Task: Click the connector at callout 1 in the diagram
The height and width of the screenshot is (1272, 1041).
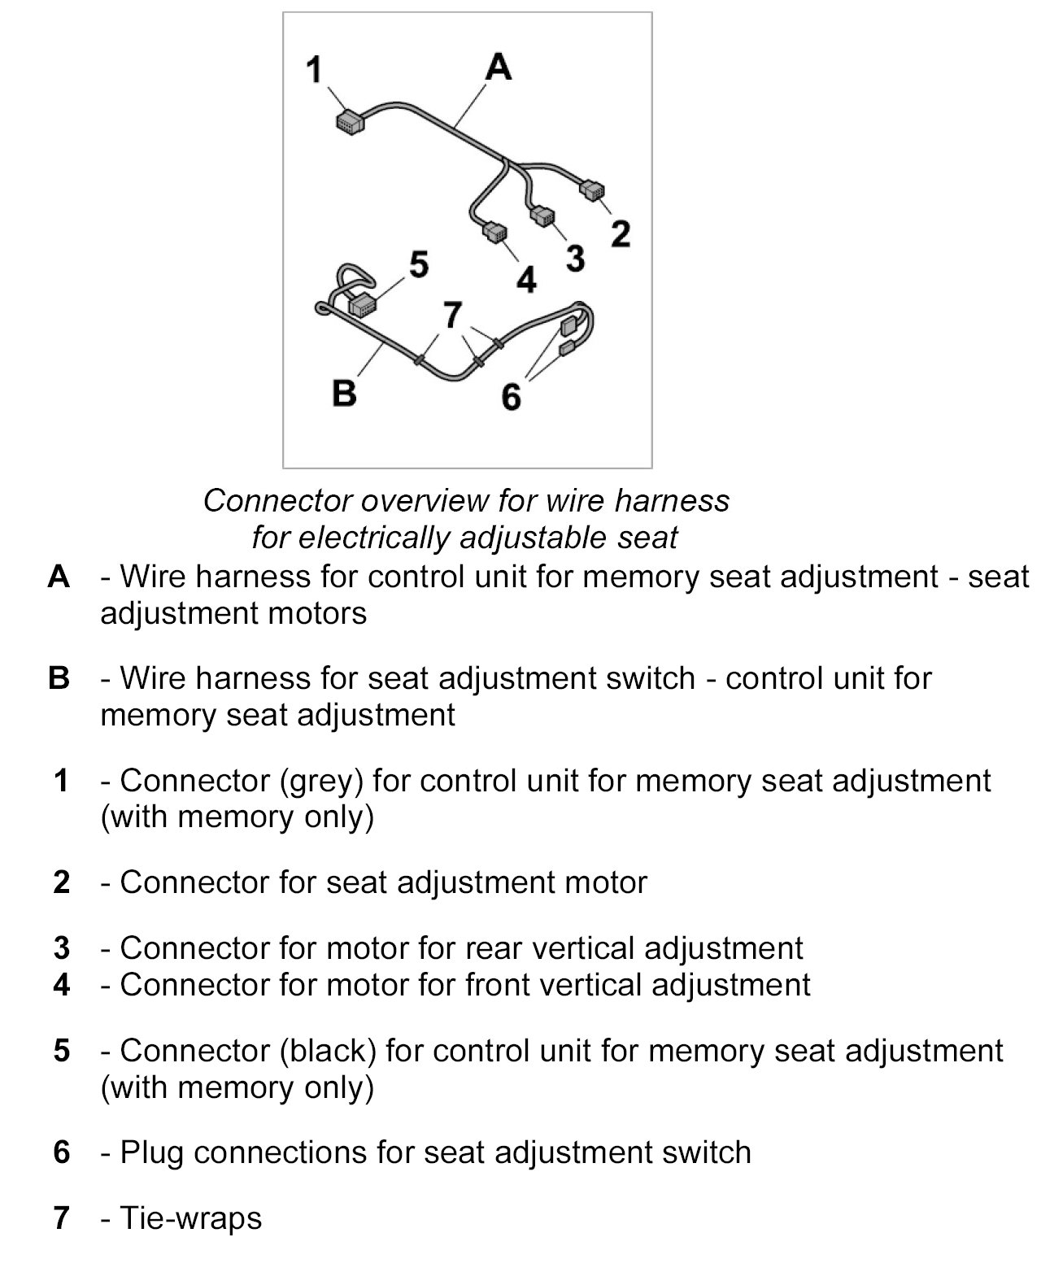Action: tap(350, 122)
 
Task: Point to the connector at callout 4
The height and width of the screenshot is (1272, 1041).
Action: tap(494, 232)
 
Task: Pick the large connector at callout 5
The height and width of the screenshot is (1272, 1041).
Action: tap(362, 305)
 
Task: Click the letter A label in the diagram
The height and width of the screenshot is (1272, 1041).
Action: tap(498, 67)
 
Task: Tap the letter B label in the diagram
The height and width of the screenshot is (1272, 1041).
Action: tap(345, 394)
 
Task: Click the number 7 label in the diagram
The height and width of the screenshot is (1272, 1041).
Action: tap(452, 315)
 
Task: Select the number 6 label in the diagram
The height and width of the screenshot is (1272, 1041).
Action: tap(511, 398)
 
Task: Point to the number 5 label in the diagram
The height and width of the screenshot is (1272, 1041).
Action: tap(419, 264)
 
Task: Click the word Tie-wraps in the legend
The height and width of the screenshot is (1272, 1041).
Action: tap(191, 1218)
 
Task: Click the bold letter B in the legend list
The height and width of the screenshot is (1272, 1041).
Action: tap(59, 678)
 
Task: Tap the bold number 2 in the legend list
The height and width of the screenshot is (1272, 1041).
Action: tap(62, 882)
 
